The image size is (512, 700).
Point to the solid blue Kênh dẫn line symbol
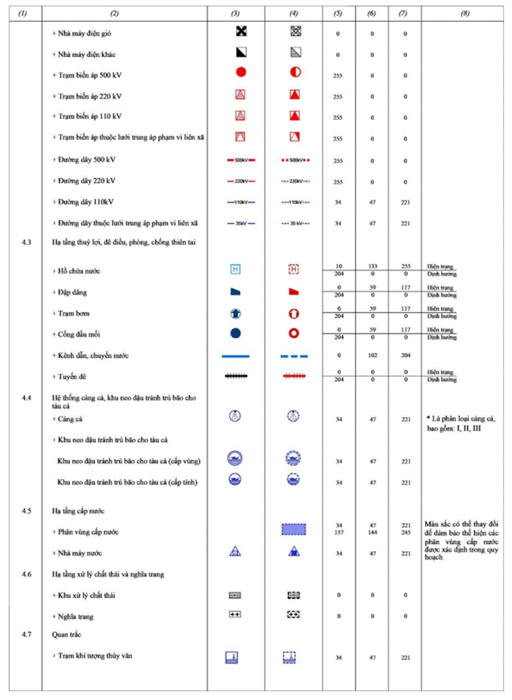point(235,356)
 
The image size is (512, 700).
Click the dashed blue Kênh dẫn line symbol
point(294,356)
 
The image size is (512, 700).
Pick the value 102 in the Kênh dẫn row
point(372,356)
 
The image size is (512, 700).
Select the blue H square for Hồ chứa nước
point(235,269)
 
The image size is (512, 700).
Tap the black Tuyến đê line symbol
point(235,375)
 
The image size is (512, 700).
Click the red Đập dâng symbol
point(294,291)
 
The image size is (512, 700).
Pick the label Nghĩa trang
point(74,616)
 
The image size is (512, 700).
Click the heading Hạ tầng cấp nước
point(74,510)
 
